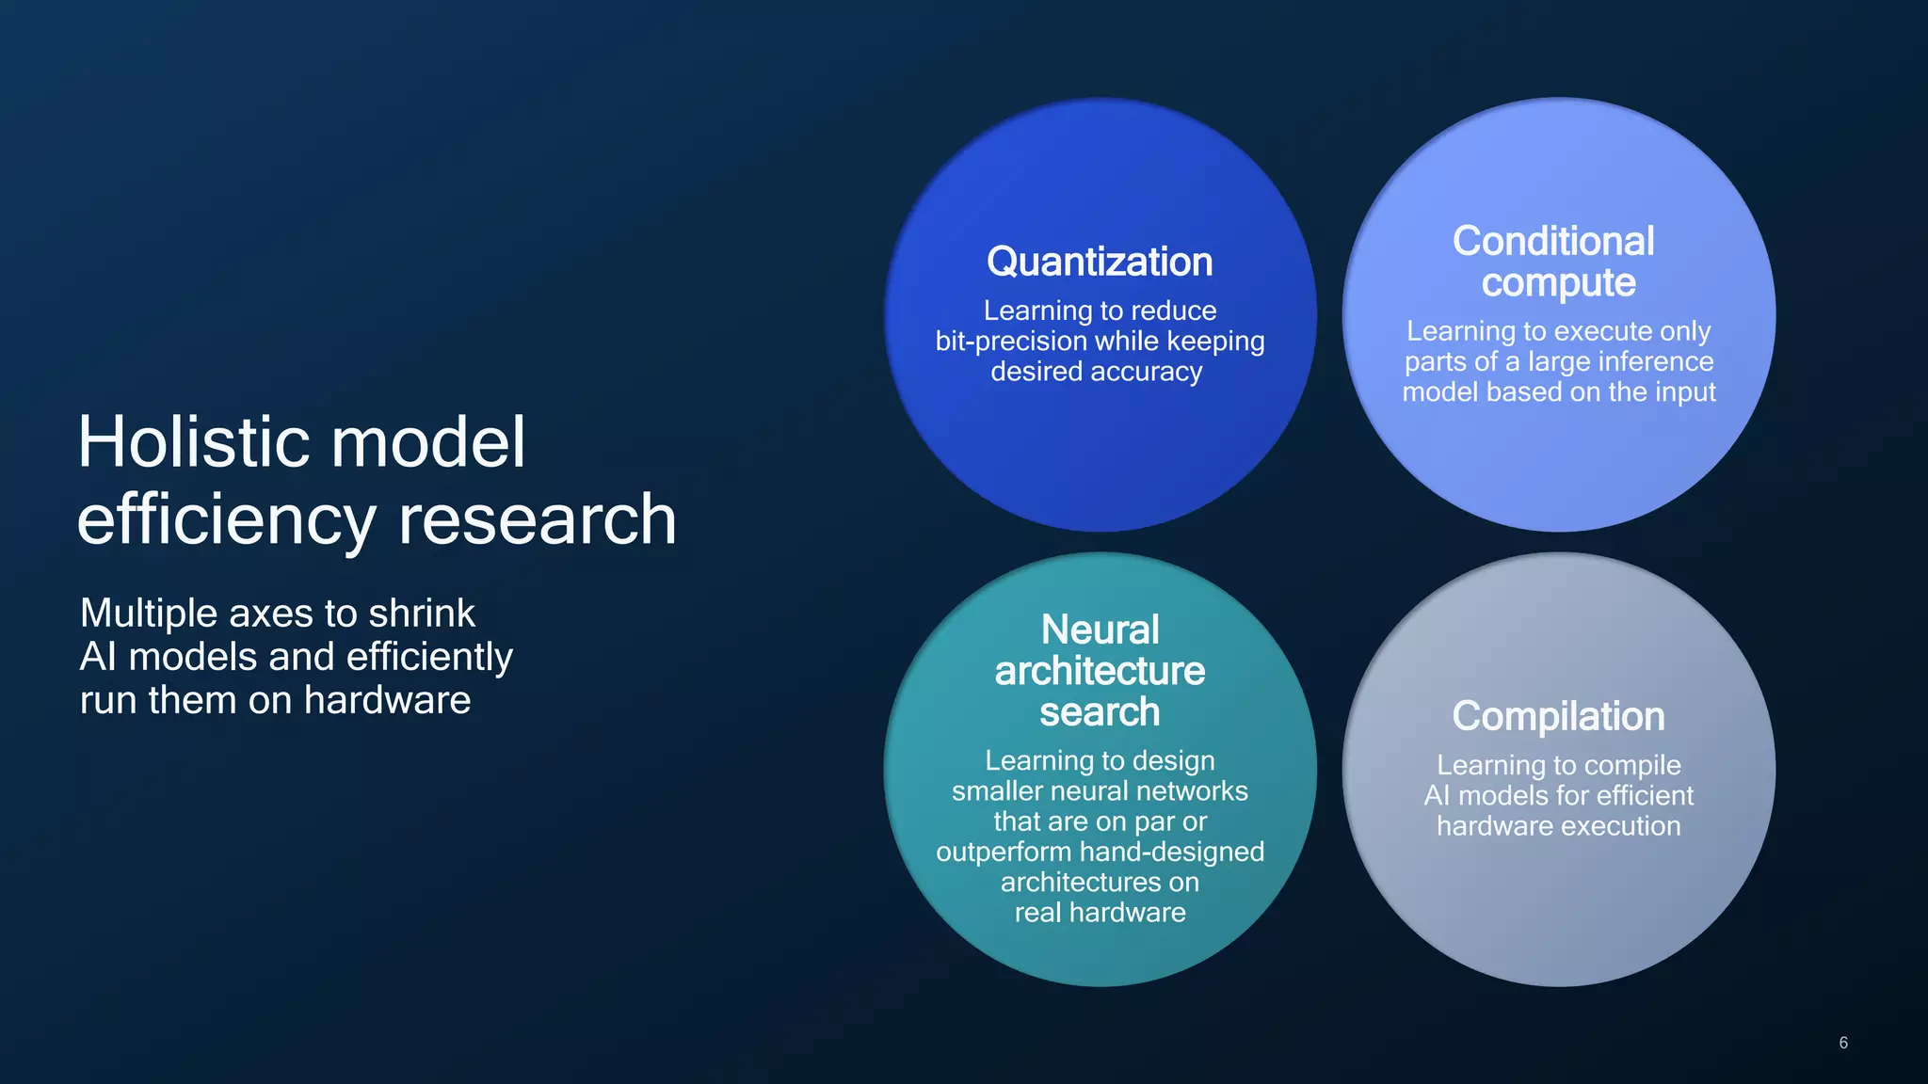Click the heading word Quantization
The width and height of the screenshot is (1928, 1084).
coord(1100,262)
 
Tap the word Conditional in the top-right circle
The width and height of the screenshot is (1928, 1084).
coord(1553,241)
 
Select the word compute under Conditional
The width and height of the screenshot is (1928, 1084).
coord(1558,283)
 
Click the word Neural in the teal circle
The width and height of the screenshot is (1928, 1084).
coord(1100,630)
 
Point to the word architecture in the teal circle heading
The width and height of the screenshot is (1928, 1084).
coord(1100,671)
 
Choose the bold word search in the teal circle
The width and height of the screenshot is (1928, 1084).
coord(1100,712)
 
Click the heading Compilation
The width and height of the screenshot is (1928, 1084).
coord(1558,716)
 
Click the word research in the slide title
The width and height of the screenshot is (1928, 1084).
coord(537,519)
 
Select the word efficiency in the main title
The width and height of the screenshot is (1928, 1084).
coord(226,521)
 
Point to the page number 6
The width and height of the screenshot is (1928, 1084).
coord(1843,1043)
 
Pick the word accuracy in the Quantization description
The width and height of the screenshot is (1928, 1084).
coord(1149,372)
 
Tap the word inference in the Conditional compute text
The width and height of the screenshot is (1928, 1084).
coord(1656,362)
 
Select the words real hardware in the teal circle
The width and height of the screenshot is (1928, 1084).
coord(1100,913)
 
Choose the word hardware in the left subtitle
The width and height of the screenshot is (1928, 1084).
coord(387,700)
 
